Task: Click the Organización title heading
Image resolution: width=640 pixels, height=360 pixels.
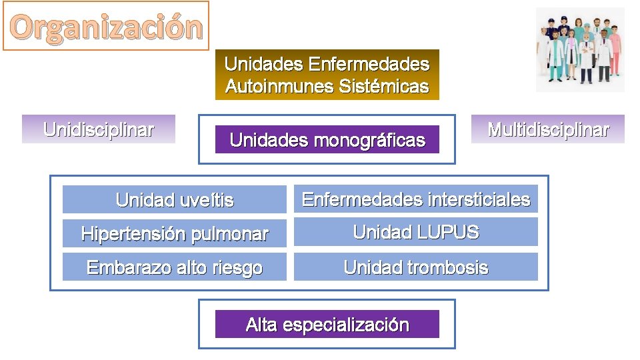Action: (106, 27)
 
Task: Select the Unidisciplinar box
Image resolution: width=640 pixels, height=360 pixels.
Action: (99, 129)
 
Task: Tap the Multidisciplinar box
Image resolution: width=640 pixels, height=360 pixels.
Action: (548, 129)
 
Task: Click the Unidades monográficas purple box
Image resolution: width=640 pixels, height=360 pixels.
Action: (327, 140)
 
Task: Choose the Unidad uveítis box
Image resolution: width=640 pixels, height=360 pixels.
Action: (175, 199)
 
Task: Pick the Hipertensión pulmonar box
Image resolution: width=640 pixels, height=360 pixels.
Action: (175, 233)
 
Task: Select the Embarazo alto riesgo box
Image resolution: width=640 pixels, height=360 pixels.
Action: (175, 267)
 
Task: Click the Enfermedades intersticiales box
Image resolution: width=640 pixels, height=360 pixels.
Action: (416, 199)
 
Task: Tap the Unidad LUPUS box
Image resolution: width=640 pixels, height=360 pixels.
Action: (416, 232)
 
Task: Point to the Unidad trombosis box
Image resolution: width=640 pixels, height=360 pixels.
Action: (416, 267)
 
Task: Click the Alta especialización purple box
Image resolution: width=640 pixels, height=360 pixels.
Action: (327, 325)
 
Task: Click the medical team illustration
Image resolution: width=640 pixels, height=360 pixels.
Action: (580, 49)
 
